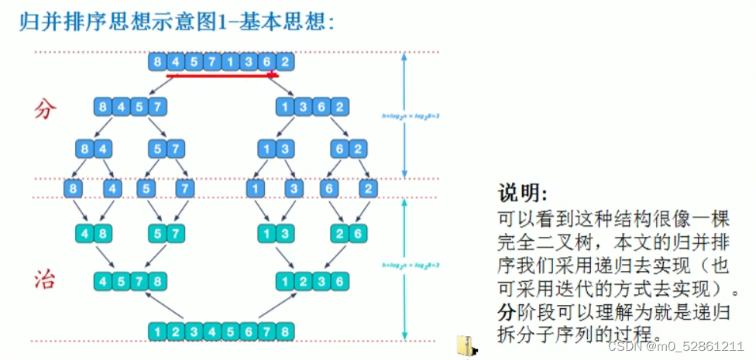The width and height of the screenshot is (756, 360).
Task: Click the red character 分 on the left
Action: pyautogui.click(x=45, y=109)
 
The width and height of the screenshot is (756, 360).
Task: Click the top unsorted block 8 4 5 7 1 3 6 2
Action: pyautogui.click(x=222, y=61)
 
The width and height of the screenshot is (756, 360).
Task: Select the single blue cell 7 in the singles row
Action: pyautogui.click(x=184, y=188)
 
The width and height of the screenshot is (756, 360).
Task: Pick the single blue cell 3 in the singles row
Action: pyautogui.click(x=293, y=188)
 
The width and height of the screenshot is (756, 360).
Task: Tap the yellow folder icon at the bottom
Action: pyautogui.click(x=466, y=346)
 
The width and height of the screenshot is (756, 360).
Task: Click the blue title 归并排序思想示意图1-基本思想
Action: pyautogui.click(x=177, y=21)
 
